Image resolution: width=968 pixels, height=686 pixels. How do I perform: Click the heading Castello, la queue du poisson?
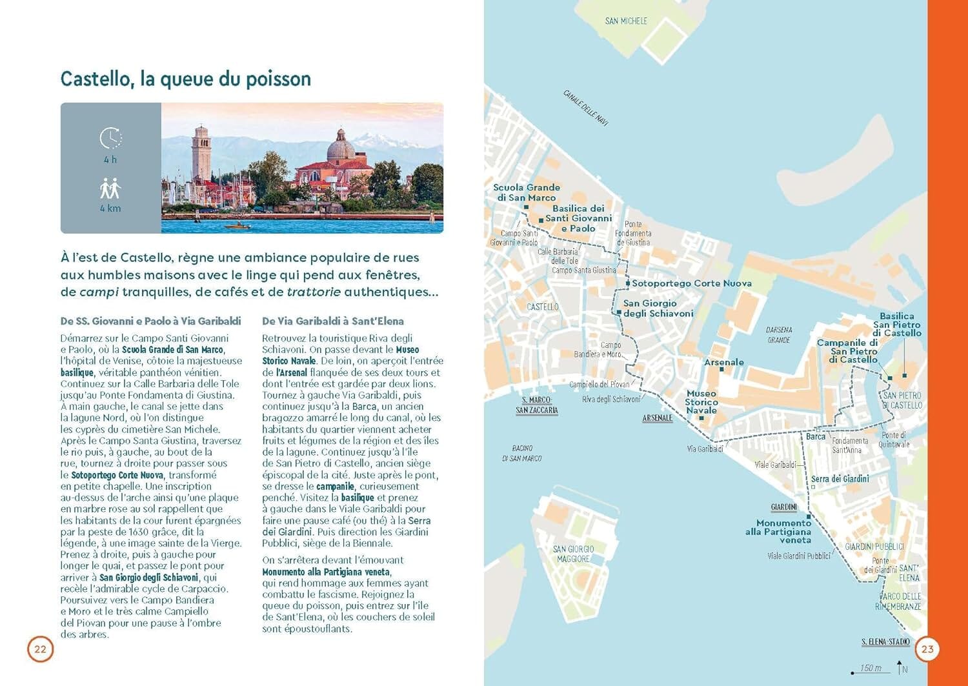(x=186, y=79)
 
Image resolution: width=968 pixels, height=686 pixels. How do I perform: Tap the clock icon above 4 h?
(x=110, y=137)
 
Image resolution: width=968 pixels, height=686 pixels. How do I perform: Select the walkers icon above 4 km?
(x=110, y=188)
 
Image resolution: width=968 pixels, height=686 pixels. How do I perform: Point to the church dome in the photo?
(x=340, y=147)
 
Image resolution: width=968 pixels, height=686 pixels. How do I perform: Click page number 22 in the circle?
(x=40, y=649)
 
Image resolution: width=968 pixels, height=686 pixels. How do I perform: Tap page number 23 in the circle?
(x=927, y=649)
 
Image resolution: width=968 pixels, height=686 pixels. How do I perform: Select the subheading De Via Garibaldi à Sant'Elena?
(x=333, y=321)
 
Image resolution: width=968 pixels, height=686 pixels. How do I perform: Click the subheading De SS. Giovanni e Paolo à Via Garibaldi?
(x=150, y=321)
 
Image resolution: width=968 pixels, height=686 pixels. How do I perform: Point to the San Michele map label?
(x=626, y=21)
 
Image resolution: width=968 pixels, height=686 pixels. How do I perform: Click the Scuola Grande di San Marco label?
(x=527, y=192)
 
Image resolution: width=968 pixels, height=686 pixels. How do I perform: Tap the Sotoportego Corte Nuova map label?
(x=691, y=283)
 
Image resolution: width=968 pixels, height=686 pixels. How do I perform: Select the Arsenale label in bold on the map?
(x=723, y=363)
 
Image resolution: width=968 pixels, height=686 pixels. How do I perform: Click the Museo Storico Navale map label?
(x=701, y=401)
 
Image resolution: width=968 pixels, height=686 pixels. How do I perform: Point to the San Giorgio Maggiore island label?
(x=573, y=554)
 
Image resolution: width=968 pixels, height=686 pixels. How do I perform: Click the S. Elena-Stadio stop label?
(x=885, y=641)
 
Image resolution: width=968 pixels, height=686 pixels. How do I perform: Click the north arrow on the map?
(x=900, y=667)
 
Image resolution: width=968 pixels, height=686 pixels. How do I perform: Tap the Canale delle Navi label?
(x=585, y=108)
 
